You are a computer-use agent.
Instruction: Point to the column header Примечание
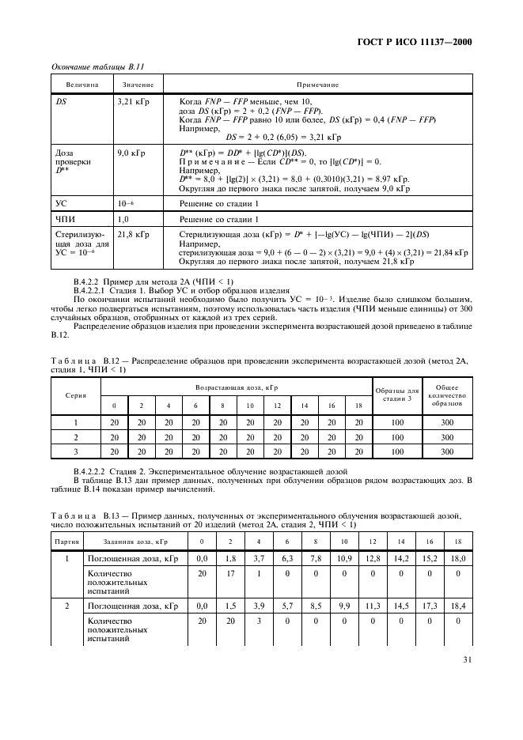point(317,85)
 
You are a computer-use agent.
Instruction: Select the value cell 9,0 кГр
point(131,152)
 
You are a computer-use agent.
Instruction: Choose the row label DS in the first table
point(61,102)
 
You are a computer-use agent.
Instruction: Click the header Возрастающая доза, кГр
point(237,387)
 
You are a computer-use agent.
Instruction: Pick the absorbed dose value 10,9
point(344,558)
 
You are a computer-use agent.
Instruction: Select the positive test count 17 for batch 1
point(229,574)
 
